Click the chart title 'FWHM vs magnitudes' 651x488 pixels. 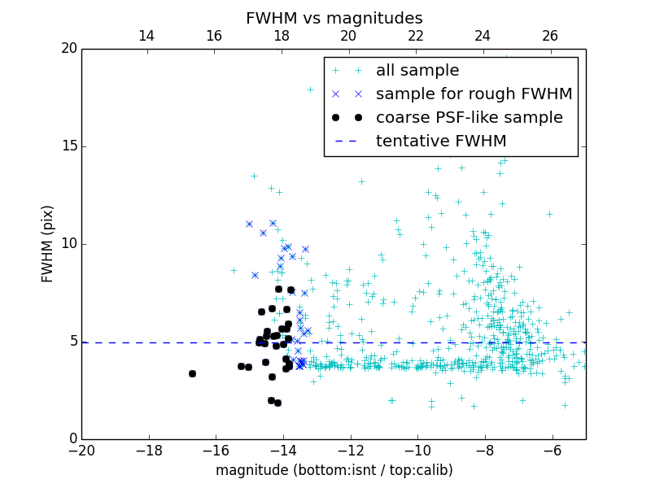334,18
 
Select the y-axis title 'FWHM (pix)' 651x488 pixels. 48,243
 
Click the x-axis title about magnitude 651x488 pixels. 334,470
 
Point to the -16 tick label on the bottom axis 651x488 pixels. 216,450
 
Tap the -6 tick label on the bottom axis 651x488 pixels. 552,450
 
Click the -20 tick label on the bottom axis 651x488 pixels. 81,450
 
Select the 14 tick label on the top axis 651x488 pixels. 146,36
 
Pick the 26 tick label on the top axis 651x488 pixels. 550,36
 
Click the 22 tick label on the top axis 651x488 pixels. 416,36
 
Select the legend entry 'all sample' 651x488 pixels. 417,71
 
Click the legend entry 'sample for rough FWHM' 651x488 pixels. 474,94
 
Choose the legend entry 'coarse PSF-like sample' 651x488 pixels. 469,118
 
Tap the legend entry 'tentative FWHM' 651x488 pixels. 440,142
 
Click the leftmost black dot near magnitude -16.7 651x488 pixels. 192,373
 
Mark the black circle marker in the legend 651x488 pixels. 347,118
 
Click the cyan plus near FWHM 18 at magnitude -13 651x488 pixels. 310,89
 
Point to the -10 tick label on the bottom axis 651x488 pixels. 417,450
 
